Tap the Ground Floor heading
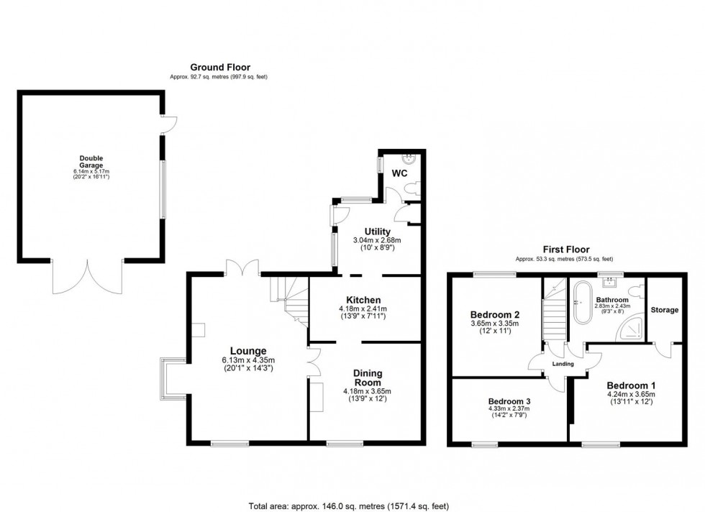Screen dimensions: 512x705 pyautogui.click(x=220, y=67)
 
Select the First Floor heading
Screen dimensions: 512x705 pyautogui.click(x=564, y=251)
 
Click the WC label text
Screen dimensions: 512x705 pyautogui.click(x=400, y=174)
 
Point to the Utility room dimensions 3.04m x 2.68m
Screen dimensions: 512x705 pyautogui.click(x=377, y=240)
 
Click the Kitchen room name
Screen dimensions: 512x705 pyautogui.click(x=363, y=300)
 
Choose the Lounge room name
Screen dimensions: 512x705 pyautogui.click(x=243, y=351)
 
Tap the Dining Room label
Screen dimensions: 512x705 pyautogui.click(x=367, y=378)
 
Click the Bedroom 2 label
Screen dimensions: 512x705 pyautogui.click(x=494, y=315)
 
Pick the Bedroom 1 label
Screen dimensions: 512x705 pyautogui.click(x=629, y=384)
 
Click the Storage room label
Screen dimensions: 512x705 pyautogui.click(x=664, y=310)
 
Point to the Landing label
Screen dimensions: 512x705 pyautogui.click(x=563, y=364)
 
